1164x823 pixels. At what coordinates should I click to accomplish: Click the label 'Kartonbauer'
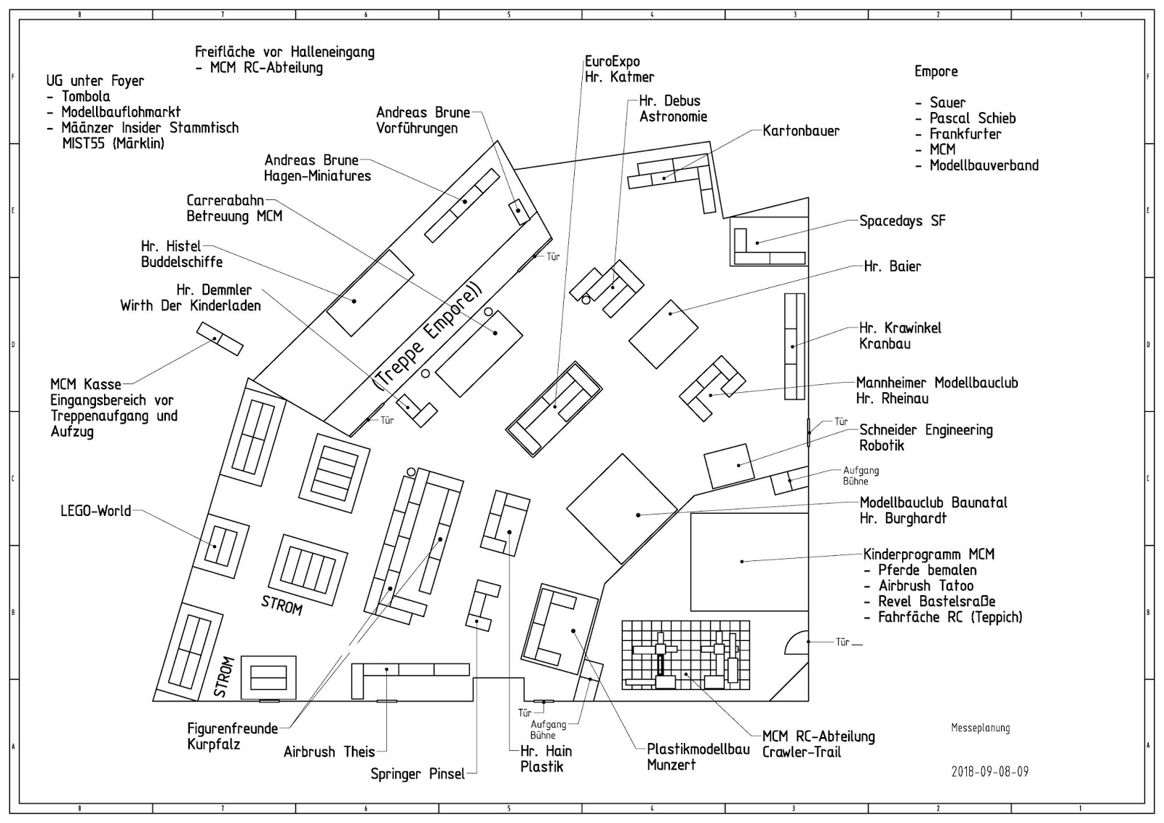[x=801, y=132]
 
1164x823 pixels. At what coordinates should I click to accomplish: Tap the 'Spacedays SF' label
[x=902, y=220]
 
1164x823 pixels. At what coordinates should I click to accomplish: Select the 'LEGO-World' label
[x=95, y=511]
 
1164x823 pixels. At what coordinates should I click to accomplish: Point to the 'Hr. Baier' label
[x=892, y=266]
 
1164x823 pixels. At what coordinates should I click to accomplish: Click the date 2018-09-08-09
[x=989, y=772]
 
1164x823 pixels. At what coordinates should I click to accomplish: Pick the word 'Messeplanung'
[x=980, y=728]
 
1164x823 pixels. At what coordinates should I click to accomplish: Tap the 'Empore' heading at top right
[x=936, y=71]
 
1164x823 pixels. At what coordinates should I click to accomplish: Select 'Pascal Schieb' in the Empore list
[x=972, y=119]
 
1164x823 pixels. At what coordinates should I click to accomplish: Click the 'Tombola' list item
[x=86, y=97]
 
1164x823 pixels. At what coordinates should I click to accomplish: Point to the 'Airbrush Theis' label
[x=329, y=752]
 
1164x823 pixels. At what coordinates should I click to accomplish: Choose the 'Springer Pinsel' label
[x=418, y=774]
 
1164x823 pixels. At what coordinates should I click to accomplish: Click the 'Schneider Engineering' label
[x=925, y=430]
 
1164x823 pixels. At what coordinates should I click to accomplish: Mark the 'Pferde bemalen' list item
[x=927, y=570]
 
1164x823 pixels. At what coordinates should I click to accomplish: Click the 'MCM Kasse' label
[x=86, y=384]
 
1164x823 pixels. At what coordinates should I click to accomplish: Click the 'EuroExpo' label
[x=612, y=62]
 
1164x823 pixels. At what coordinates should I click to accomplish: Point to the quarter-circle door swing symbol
[x=797, y=642]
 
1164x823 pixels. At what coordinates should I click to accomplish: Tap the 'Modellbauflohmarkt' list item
[x=121, y=113]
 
